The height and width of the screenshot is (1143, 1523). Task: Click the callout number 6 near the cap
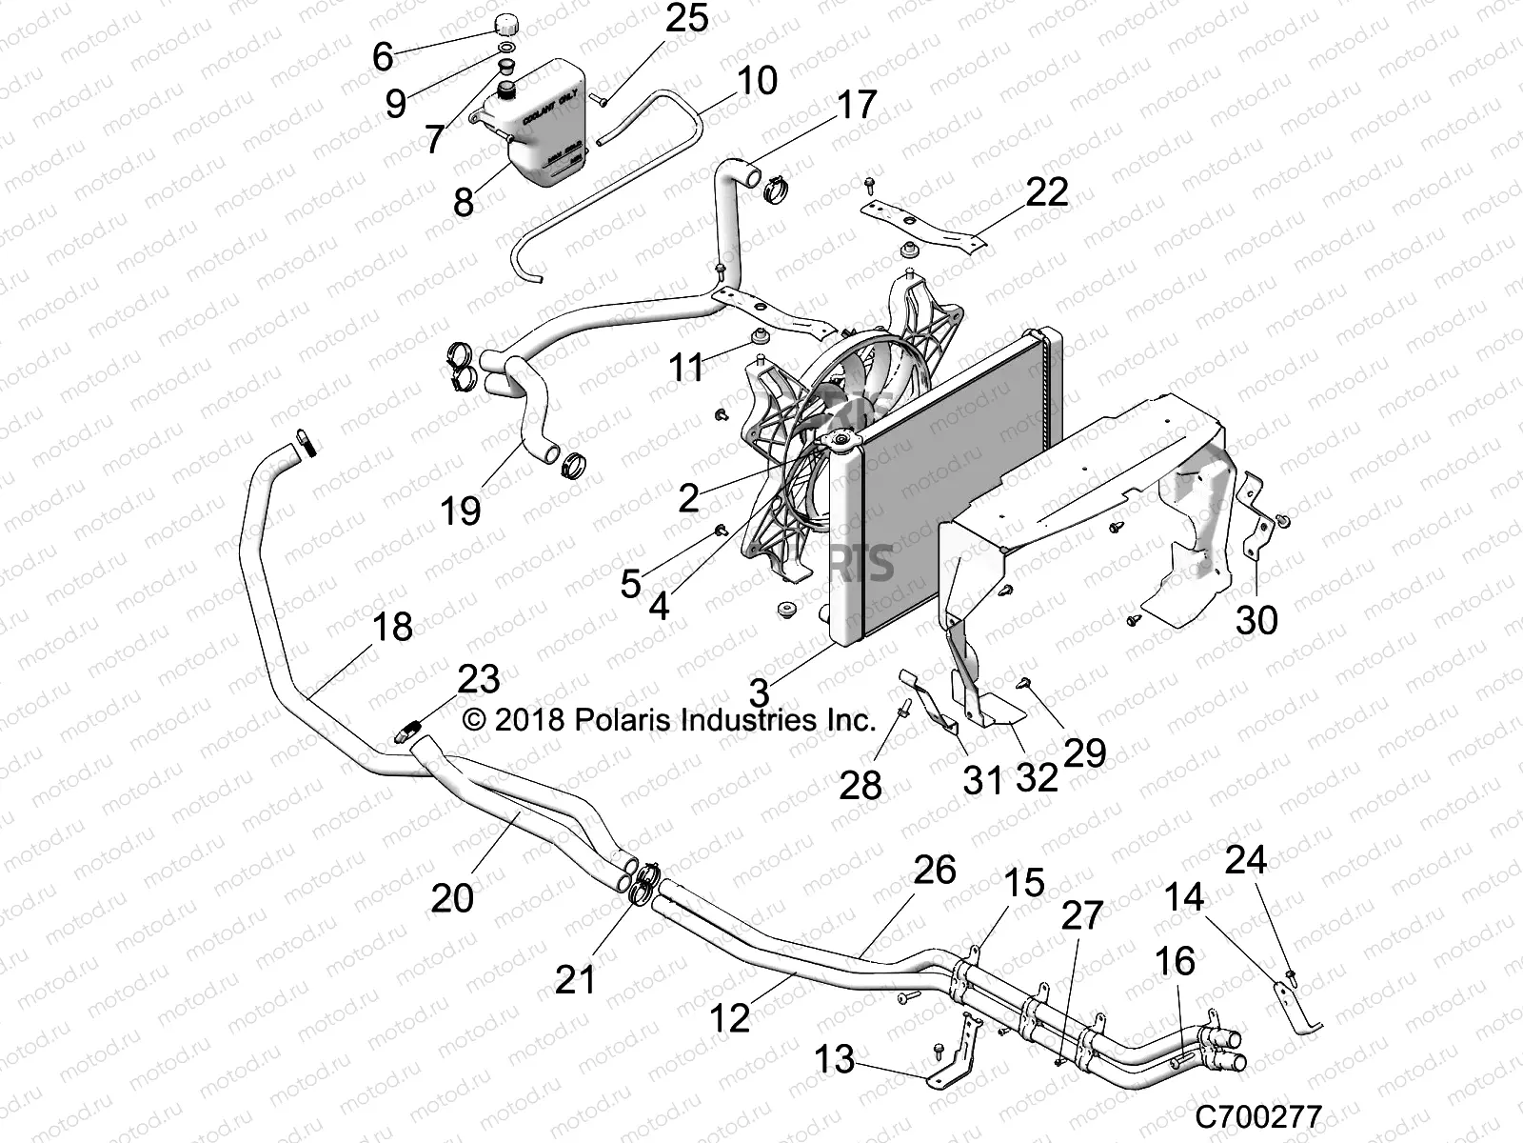[383, 57]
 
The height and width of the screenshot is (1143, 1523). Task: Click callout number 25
[686, 19]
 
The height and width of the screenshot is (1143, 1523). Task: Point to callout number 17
[856, 105]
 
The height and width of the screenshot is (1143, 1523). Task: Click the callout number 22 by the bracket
[1046, 192]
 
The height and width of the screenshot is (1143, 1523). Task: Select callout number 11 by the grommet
[686, 367]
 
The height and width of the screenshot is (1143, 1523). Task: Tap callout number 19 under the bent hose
[461, 511]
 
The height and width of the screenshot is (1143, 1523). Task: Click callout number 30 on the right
[1256, 621]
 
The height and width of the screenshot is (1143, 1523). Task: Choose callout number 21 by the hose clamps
[575, 979]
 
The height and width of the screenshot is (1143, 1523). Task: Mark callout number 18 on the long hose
[392, 628]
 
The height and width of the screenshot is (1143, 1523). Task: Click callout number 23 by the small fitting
[479, 680]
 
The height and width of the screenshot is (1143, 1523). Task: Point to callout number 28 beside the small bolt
[860, 786]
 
